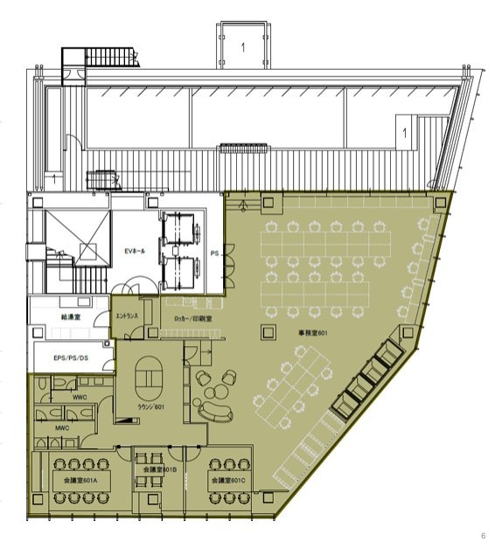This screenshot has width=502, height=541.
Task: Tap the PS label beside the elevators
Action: pos(214,253)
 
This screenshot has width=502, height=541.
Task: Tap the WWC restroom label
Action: pos(80,398)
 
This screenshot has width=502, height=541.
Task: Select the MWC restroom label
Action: pos(61,428)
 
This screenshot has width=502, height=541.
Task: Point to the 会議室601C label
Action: pos(226,480)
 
